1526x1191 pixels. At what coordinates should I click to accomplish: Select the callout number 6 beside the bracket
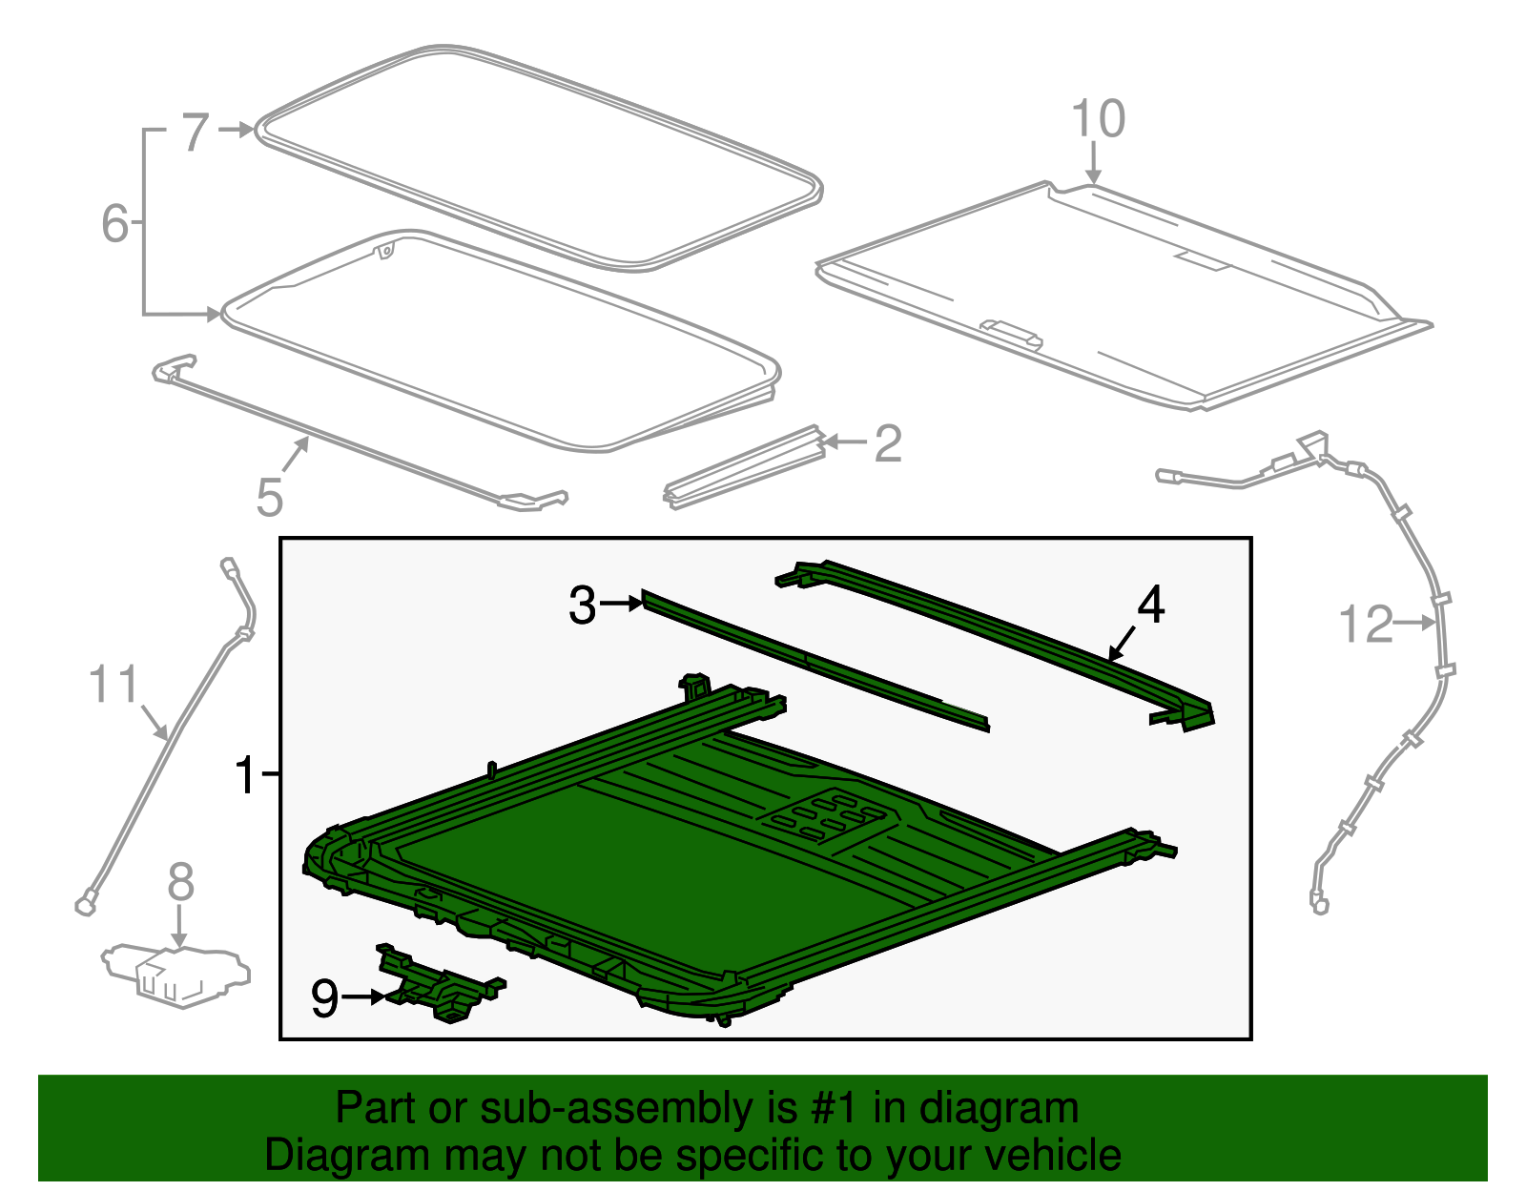coord(114,224)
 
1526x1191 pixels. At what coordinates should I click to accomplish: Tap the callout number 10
coord(1098,119)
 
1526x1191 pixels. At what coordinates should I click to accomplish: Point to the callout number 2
coord(888,443)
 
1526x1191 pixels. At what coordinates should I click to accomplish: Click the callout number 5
coord(270,498)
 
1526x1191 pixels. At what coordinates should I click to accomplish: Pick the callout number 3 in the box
coord(583,606)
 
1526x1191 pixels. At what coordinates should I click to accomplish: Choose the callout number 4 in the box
coord(1151,605)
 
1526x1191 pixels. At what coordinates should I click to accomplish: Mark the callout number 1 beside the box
coord(246,775)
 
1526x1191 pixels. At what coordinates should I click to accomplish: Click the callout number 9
coord(324,998)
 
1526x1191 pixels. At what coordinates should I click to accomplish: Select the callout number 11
coord(113,685)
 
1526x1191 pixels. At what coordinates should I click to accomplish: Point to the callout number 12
coord(1366,625)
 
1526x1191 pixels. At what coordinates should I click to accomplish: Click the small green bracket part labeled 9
coord(439,986)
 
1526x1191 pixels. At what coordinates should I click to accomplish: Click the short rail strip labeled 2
coord(744,467)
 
